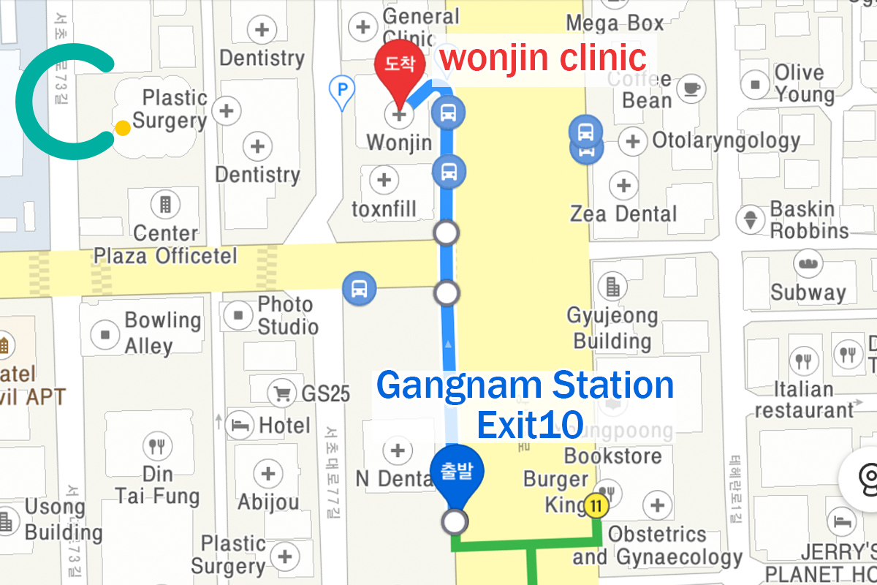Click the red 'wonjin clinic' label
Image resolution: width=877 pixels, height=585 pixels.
(x=544, y=57)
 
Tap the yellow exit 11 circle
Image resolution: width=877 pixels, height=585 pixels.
(x=596, y=505)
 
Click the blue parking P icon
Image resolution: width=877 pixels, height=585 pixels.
(x=341, y=91)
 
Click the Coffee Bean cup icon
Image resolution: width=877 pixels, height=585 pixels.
(x=691, y=88)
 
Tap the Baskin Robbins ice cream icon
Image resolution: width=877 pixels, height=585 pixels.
(x=750, y=218)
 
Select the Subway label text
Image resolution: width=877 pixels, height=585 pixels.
(x=808, y=292)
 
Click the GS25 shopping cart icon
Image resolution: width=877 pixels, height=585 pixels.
(x=281, y=393)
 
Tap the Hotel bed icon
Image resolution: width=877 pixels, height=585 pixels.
(x=239, y=423)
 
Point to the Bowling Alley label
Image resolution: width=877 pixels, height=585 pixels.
(x=162, y=333)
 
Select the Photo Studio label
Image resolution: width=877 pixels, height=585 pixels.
(x=287, y=315)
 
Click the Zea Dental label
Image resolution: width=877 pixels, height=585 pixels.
(x=623, y=214)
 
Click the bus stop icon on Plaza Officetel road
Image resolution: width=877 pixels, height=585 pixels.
(x=359, y=289)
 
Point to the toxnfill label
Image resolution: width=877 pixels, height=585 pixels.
(x=384, y=210)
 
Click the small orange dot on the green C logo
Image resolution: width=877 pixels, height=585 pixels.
(x=123, y=128)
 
